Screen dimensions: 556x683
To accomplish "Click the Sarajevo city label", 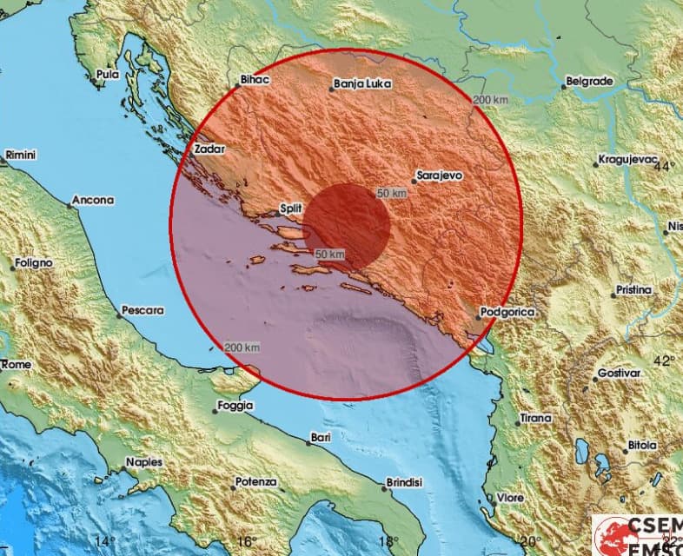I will (x=439, y=175).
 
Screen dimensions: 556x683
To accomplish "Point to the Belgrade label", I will (x=590, y=82).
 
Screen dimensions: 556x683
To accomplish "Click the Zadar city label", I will (x=209, y=149).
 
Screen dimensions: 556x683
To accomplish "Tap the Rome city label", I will (x=17, y=365).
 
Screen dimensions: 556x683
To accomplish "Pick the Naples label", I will (x=143, y=462).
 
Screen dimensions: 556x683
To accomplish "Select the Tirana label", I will (x=535, y=418).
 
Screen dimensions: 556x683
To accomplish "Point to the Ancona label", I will (x=93, y=200).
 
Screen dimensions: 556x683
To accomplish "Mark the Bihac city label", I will (x=255, y=80).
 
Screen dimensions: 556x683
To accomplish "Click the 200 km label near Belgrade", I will (x=490, y=100).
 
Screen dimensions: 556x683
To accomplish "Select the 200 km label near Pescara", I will (x=242, y=347).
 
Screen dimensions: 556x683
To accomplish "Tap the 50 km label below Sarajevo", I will (x=392, y=192).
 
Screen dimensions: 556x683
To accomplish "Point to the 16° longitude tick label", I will (x=247, y=540).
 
